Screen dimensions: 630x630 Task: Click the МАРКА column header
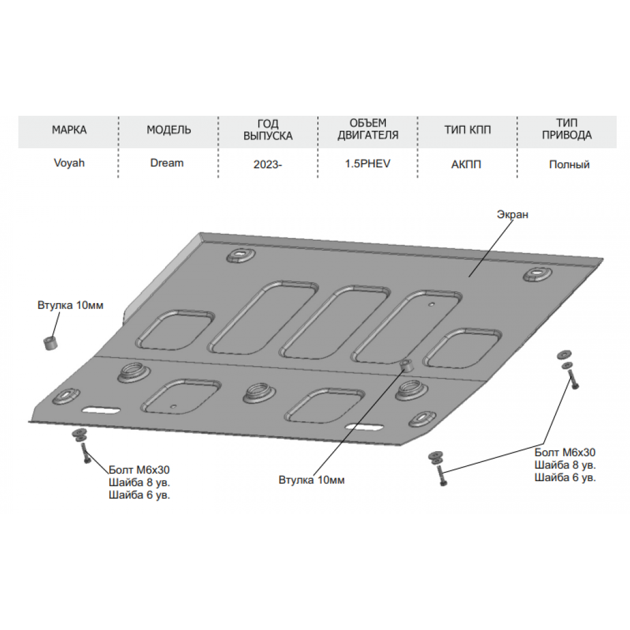coord(69,130)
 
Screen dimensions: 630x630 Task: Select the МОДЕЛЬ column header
coord(169,130)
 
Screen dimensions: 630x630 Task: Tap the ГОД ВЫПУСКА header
coord(268,130)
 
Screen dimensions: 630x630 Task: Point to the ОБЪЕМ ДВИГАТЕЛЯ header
coord(368,128)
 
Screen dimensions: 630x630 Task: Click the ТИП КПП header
coord(467,130)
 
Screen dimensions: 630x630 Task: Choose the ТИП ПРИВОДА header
coord(567,128)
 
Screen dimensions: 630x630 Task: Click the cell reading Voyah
coord(69,163)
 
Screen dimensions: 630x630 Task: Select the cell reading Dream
coord(167,163)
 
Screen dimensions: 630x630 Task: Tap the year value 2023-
coord(268,164)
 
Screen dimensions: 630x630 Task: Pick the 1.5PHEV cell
coord(368,164)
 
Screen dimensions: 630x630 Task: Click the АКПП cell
coord(466,164)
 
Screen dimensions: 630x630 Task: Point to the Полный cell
coord(569,164)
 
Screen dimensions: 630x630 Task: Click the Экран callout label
coord(512,215)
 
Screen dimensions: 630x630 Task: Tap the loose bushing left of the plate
coord(50,343)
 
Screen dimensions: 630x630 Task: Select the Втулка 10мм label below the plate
coord(311,480)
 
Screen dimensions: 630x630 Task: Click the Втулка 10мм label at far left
coord(70,305)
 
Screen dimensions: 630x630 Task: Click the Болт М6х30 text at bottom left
coord(139,470)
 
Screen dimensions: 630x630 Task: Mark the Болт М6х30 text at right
coord(565,452)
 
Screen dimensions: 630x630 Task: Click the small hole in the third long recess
coord(431,305)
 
